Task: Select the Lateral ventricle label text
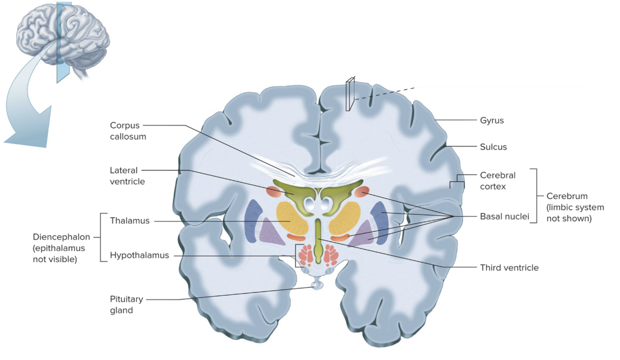coord(127,176)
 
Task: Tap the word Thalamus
coord(130,221)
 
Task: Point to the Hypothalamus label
coord(139,255)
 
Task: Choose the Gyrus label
coord(492,121)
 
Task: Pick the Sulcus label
coord(493,147)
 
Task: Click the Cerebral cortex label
coord(497,181)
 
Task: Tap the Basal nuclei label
coord(504,216)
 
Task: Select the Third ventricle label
coord(509,268)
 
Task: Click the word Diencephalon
coord(62,237)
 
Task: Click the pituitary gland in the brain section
coord(317,283)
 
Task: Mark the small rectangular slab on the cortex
coord(350,95)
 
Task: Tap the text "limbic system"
coord(575,207)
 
